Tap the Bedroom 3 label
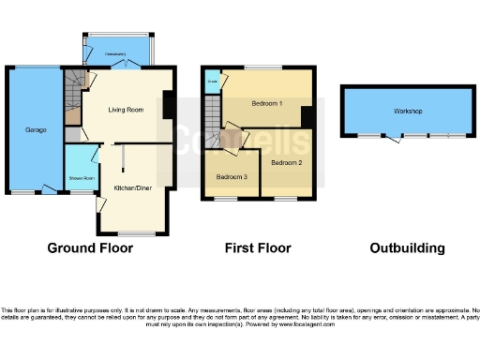pos(232,176)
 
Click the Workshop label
pos(407,112)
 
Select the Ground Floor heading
pos(90,248)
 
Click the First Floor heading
pos(258,248)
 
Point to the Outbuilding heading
pos(406,248)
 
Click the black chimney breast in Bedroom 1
pos(306,116)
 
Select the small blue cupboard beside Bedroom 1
pos(213,82)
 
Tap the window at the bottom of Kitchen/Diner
pos(137,233)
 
